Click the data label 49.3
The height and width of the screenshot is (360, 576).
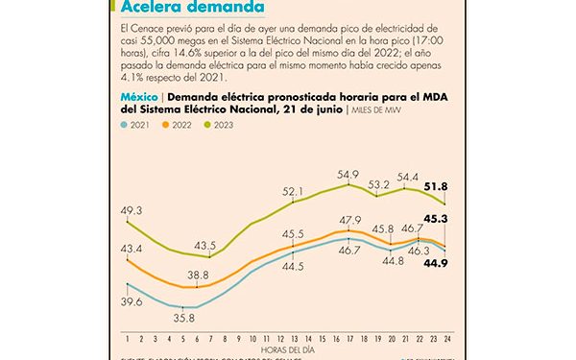pyautogui.click(x=131, y=209)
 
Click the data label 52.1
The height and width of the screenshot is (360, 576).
pyautogui.click(x=294, y=191)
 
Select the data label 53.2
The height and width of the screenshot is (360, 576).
pyautogui.click(x=377, y=183)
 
